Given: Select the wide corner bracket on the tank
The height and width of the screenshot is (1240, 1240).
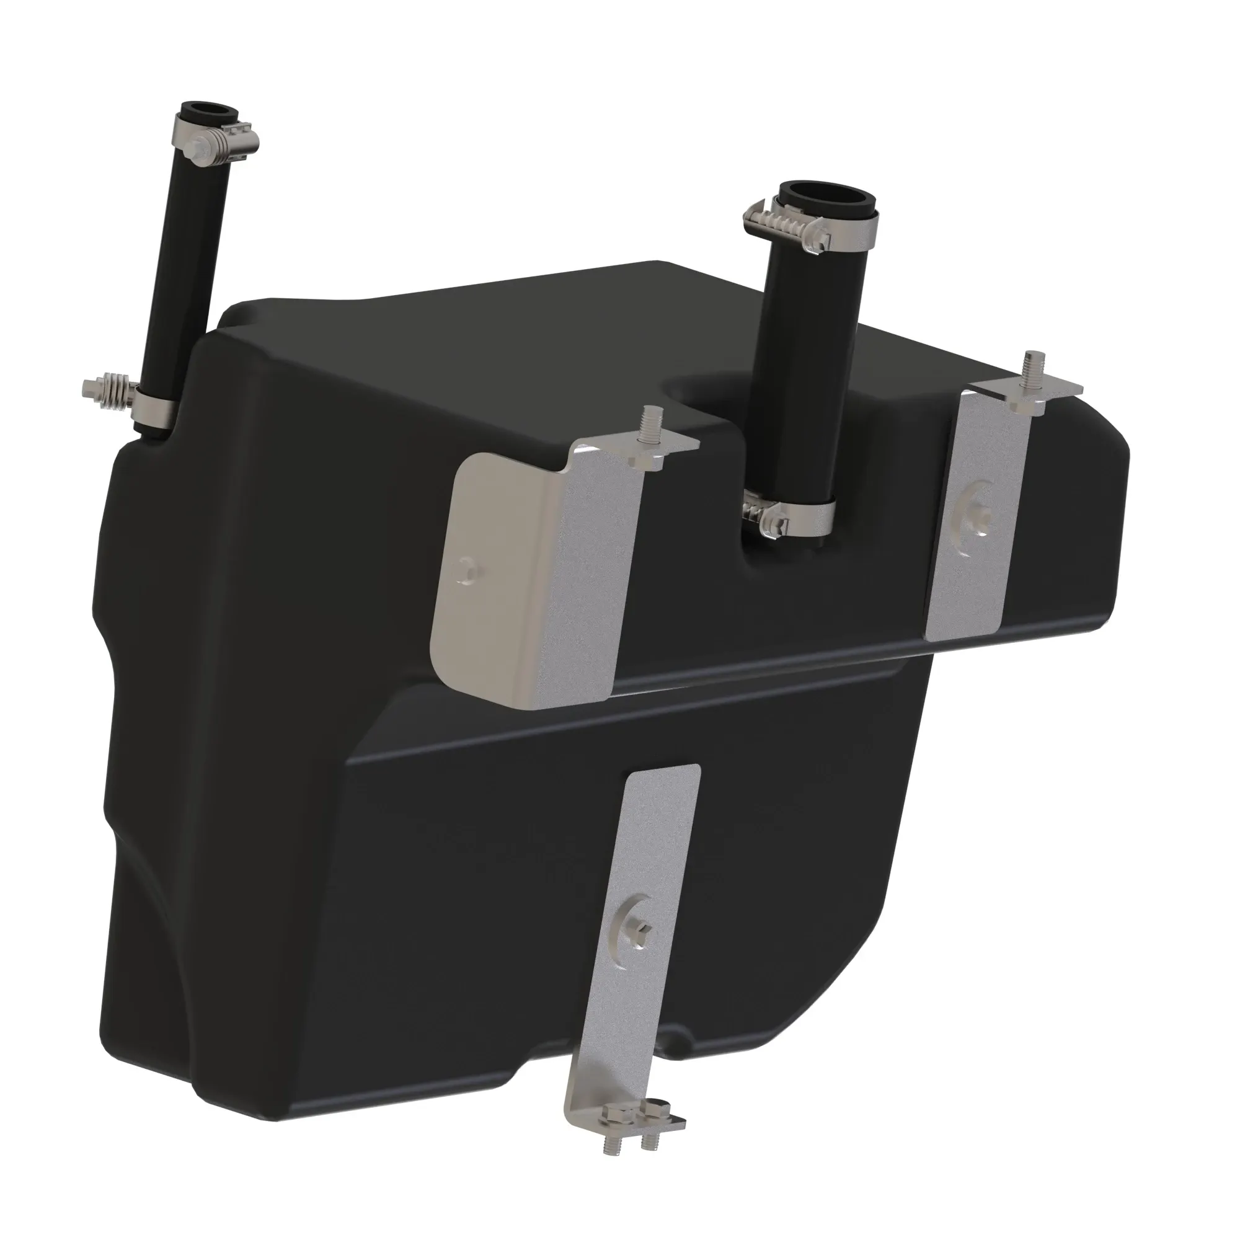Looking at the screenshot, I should pos(539,565).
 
